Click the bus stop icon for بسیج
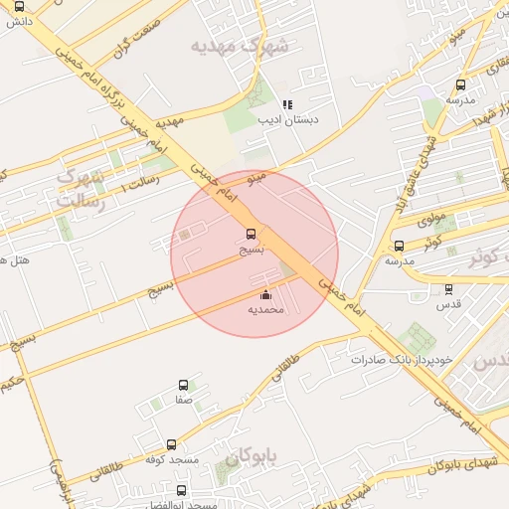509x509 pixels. pyautogui.click(x=251, y=236)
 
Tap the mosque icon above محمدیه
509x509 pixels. pyautogui.click(x=265, y=294)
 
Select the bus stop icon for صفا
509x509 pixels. pyautogui.click(x=183, y=385)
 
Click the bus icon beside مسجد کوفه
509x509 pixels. pyautogui.click(x=171, y=445)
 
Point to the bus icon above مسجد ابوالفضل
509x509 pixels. pyautogui.click(x=181, y=490)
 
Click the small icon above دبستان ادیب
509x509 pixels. pyautogui.click(x=287, y=104)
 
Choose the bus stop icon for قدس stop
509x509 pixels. pyautogui.click(x=448, y=289)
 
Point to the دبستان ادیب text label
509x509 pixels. pyautogui.click(x=287, y=119)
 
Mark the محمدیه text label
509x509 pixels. pyautogui.click(x=265, y=310)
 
